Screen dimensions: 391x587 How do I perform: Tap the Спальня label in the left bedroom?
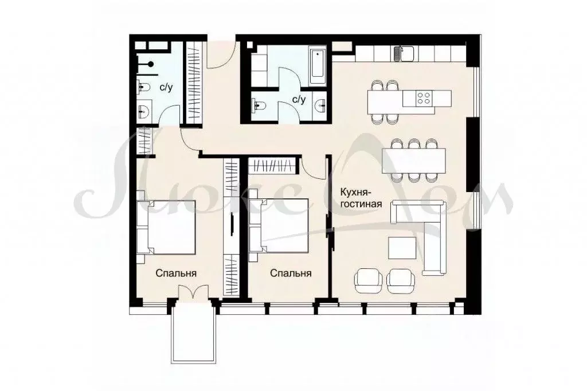point(176,273)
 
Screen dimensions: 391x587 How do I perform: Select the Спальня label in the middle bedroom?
point(291,273)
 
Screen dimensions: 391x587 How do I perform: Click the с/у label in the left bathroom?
point(166,88)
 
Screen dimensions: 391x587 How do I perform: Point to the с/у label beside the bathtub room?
point(299,99)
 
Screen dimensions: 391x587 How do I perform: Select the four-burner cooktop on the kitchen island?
point(424,98)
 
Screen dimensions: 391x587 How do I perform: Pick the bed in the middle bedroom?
point(281,225)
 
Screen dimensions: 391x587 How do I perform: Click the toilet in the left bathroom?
point(143,88)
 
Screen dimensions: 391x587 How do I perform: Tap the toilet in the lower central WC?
point(259,105)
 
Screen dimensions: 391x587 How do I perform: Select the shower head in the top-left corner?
point(150,63)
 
